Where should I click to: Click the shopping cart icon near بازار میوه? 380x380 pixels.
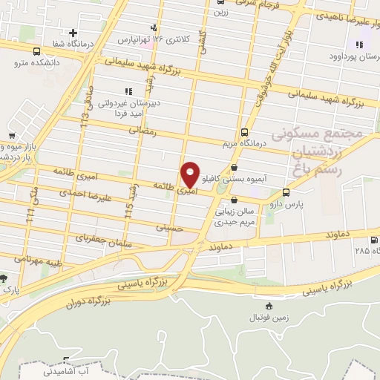[12, 136]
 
